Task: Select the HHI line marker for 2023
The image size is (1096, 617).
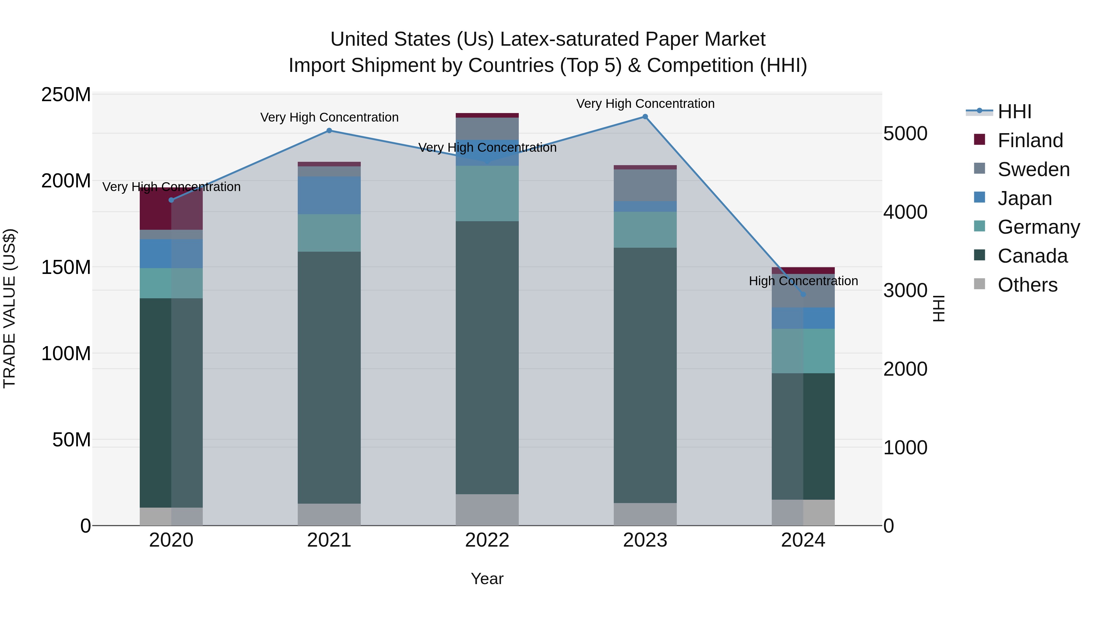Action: pyautogui.click(x=645, y=117)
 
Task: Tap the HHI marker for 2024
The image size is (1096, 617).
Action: pyautogui.click(x=803, y=294)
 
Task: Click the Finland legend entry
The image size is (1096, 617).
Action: pyautogui.click(x=1030, y=140)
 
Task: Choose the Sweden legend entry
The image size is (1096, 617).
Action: pyautogui.click(x=1033, y=169)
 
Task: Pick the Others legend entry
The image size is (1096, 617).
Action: pyautogui.click(x=1027, y=285)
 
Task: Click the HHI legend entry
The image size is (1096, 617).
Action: pyautogui.click(x=1014, y=112)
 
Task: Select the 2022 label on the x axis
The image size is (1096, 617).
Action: pyautogui.click(x=487, y=540)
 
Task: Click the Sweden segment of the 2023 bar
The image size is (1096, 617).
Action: pyautogui.click(x=645, y=185)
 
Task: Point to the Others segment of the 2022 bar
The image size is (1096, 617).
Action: pyautogui.click(x=487, y=510)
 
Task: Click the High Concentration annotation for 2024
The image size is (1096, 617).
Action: pyautogui.click(x=803, y=281)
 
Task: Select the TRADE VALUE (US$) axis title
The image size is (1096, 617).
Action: pyautogui.click(x=9, y=308)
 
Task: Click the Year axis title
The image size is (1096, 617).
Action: pyautogui.click(x=487, y=579)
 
